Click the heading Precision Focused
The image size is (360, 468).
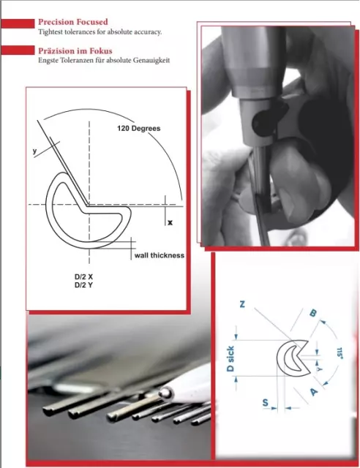73,22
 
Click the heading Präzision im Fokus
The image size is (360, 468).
75,50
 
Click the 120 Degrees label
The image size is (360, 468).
138,129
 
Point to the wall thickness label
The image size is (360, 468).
160,255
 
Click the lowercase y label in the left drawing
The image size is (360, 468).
35,151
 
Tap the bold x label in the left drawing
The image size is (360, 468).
170,222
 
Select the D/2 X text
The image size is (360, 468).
83,276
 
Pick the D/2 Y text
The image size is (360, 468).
83,285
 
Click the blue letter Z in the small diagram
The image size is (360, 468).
242,304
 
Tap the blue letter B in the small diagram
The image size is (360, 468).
312,313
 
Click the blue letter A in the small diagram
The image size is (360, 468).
314,391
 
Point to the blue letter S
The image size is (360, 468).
265,403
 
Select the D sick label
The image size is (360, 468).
230,359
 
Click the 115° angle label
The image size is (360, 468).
340,352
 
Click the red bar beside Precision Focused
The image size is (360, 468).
18,23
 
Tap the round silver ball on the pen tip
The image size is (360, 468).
165,393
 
